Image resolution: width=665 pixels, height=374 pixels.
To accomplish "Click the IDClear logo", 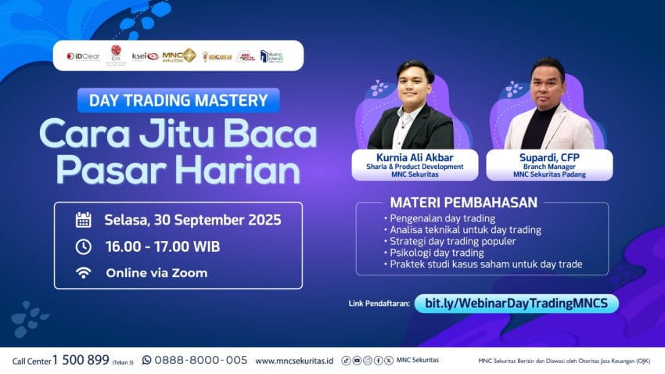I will [82, 56].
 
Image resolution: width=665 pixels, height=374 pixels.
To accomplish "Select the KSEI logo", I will [146, 56].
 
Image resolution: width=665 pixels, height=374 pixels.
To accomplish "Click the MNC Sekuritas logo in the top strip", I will [179, 56].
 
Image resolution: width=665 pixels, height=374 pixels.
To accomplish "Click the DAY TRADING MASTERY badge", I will [178, 100].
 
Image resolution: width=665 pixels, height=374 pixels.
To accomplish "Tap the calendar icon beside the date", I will [83, 219].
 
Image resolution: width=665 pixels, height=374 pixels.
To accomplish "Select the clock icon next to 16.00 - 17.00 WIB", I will [83, 246].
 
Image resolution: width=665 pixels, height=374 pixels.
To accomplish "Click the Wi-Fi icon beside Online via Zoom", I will [83, 273].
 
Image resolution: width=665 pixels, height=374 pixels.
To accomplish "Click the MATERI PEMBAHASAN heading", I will [464, 203].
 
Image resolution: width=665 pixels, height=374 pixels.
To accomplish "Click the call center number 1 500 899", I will [81, 360].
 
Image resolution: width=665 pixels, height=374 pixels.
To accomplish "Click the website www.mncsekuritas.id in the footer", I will [294, 361].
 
